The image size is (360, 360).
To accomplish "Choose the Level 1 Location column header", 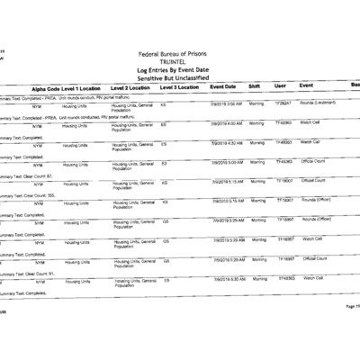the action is pos(82,88).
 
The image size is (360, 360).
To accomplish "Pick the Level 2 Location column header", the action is pos(130,87).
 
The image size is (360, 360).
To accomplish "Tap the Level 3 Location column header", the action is pos(179,87).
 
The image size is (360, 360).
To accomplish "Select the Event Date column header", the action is pos(223,86).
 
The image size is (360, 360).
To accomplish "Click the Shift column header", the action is pos(255,86).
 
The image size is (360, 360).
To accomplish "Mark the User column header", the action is pos(280,86).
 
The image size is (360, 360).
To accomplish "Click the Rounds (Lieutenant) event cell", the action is pos(319,103).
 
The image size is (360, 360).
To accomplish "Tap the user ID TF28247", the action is pos(283,103).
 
